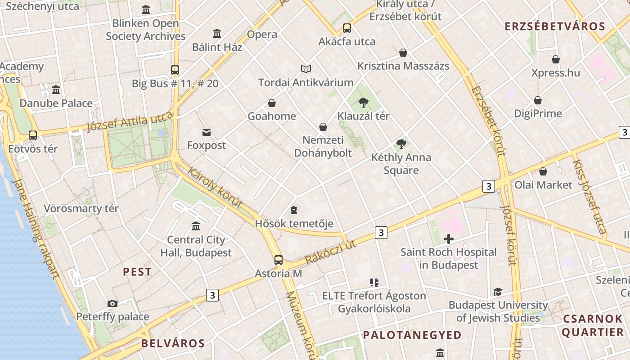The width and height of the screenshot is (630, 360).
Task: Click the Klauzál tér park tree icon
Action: click(x=364, y=103)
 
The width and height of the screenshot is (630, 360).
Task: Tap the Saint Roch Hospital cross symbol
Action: click(x=448, y=239)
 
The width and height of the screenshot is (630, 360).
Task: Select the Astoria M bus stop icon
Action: click(x=279, y=260)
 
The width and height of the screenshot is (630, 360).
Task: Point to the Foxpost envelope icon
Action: click(x=207, y=132)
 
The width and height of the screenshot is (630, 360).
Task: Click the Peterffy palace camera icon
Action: click(x=112, y=303)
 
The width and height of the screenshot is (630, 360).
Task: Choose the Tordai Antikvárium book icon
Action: click(x=306, y=69)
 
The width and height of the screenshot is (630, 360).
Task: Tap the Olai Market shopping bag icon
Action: click(x=543, y=171)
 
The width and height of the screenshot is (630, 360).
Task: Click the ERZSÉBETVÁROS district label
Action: click(x=555, y=26)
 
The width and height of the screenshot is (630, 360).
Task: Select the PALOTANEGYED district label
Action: click(x=412, y=335)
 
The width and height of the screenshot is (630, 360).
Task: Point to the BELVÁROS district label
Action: click(x=173, y=343)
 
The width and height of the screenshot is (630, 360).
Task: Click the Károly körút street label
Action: click(x=215, y=188)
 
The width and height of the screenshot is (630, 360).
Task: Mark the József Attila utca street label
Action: click(x=130, y=121)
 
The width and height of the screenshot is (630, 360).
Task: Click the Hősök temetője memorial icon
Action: click(x=294, y=210)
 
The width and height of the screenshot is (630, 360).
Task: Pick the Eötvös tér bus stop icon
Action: click(x=33, y=135)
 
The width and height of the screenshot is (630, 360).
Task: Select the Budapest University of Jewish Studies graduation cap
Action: click(x=498, y=292)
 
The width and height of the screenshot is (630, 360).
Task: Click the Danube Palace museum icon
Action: click(x=56, y=90)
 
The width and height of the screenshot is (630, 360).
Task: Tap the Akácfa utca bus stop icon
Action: click(x=347, y=28)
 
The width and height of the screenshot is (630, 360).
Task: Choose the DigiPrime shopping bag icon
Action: click(x=538, y=100)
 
